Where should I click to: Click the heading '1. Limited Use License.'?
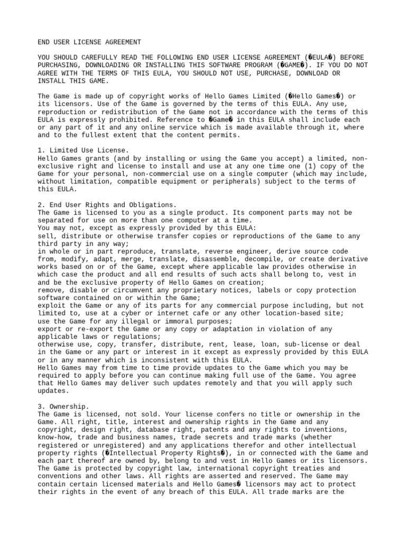coord(83,151)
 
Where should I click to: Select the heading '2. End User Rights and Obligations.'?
coord(107,205)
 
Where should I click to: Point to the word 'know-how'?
coord(55,438)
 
